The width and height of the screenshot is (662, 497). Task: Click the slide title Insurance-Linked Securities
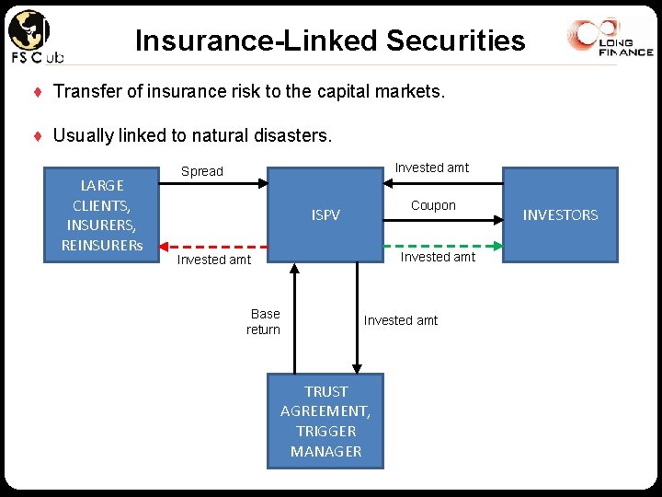pos(330,40)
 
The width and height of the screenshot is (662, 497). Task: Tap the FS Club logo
pos(34,38)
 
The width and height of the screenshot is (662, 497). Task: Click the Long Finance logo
pos(611,40)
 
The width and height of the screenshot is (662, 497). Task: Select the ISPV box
pos(325,214)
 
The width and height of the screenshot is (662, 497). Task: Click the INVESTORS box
pos(560,214)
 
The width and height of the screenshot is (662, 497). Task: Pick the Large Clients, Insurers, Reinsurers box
pos(101,214)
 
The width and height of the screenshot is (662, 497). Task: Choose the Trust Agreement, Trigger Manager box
pos(325,421)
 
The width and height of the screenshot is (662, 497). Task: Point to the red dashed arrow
pos(211,247)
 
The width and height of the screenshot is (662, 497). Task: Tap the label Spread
pos(202,171)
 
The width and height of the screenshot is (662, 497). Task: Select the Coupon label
pos(433,205)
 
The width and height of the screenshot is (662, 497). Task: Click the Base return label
pos(264,321)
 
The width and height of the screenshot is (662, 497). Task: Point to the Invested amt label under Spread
pos(214,260)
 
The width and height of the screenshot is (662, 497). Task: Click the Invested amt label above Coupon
pos(431,168)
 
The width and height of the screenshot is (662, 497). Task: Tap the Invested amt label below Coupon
pos(438,257)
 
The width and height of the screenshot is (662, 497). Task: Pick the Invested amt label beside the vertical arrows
pos(401,320)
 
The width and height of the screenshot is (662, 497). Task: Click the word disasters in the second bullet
pos(296,135)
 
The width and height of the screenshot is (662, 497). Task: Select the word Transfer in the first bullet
pos(82,92)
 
